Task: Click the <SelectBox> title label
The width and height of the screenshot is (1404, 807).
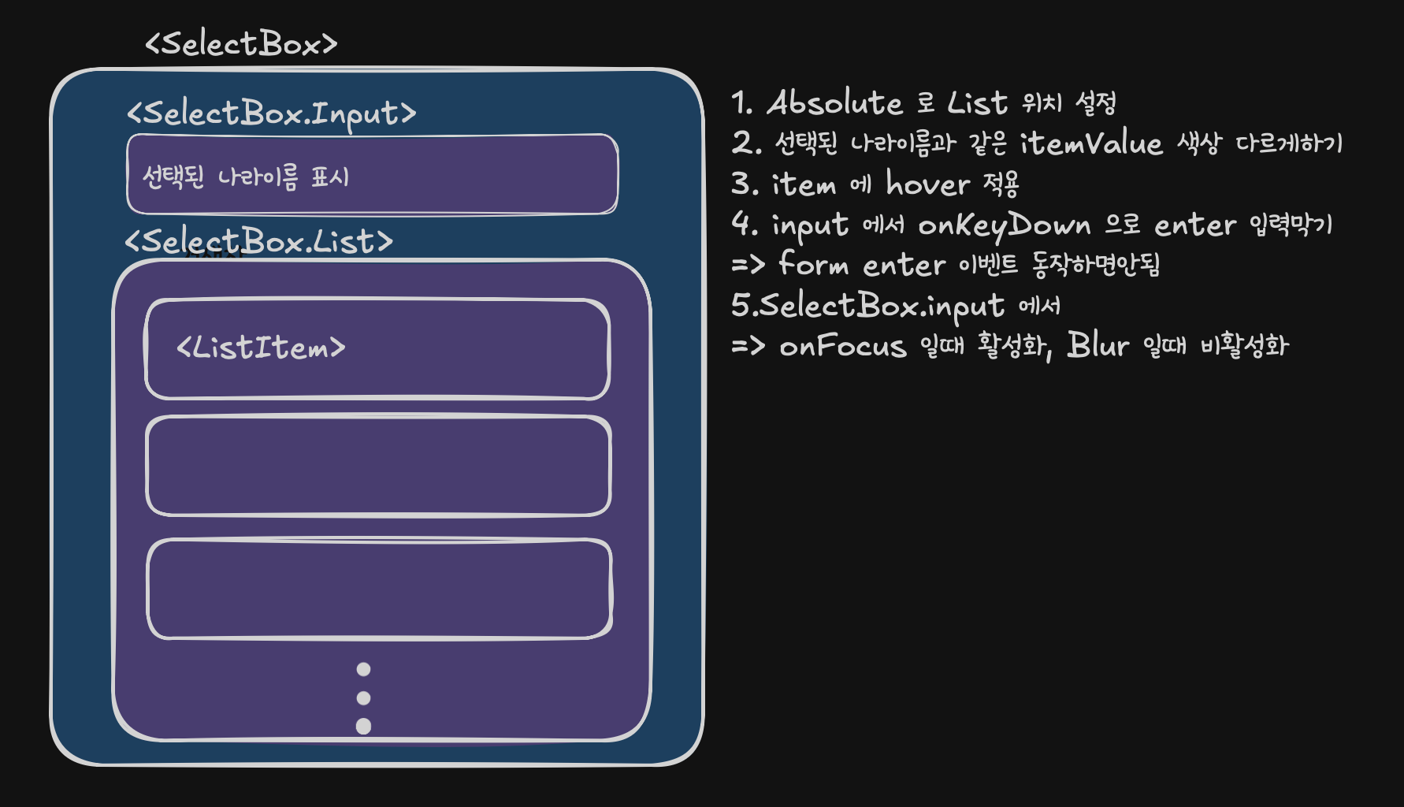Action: pos(241,44)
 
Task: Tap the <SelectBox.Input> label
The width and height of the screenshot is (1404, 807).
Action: pos(271,113)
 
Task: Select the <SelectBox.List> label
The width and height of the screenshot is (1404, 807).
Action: pos(258,241)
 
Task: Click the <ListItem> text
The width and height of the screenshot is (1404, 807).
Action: pos(261,348)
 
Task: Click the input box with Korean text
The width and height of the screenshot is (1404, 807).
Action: pos(372,174)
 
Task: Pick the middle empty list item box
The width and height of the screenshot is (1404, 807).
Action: pos(378,466)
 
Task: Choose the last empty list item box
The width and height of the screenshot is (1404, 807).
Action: pos(379,589)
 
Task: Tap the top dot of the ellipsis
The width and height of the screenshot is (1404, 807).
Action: pos(363,669)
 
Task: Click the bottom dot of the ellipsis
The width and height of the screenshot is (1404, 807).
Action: pos(363,726)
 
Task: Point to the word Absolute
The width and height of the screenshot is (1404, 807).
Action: pos(834,103)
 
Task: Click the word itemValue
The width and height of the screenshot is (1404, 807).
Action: pos(1091,143)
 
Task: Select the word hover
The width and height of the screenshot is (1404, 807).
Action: pos(927,184)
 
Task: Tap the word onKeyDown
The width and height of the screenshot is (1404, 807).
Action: pos(1005,226)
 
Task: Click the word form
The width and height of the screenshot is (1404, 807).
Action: pos(813,264)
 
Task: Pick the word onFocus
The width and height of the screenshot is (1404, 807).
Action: pos(842,346)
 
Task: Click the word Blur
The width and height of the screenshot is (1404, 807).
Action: pos(1098,345)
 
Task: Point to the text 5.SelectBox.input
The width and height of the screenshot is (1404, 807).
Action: pos(867,306)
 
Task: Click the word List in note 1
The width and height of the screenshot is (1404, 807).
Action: pos(977,103)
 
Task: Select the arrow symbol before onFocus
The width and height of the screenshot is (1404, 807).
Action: pos(748,345)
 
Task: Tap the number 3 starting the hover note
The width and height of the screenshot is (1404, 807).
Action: pos(741,184)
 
